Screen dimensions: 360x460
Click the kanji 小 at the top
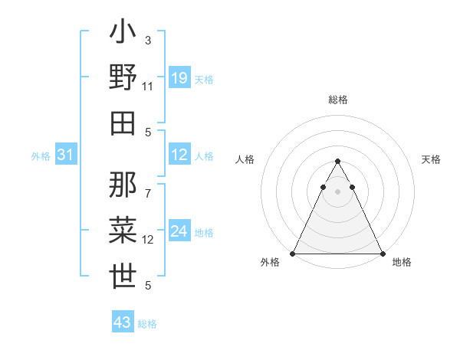(x=123, y=34)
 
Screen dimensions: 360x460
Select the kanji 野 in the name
(x=123, y=78)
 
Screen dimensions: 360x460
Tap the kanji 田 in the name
(x=123, y=123)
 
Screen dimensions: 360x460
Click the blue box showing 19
(x=179, y=78)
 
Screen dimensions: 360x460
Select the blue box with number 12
(x=179, y=155)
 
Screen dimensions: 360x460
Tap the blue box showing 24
(x=179, y=231)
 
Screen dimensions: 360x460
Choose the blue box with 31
(x=66, y=155)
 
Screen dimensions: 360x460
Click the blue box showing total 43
(x=123, y=322)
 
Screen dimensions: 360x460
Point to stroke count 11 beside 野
(x=148, y=87)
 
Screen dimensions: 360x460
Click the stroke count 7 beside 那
(x=148, y=185)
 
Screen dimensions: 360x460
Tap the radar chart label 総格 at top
(x=338, y=100)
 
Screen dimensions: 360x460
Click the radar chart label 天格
(x=432, y=159)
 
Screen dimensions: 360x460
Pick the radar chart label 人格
(x=245, y=159)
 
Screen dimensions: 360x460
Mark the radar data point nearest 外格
(x=293, y=254)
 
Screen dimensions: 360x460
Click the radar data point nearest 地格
(x=383, y=254)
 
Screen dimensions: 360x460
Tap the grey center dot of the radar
(x=338, y=191)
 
